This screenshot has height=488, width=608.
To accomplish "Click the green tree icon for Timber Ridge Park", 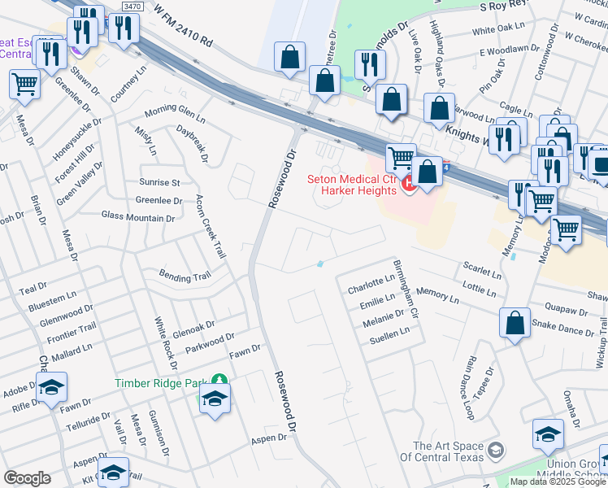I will (x=217, y=380).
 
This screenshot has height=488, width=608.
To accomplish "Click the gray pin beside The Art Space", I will (x=496, y=449).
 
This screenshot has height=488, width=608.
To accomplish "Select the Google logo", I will (x=27, y=478).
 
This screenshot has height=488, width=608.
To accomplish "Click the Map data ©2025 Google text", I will (x=558, y=481).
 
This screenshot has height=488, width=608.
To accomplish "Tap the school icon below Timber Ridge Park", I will (x=215, y=399).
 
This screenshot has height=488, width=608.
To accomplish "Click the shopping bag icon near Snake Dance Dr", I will (x=515, y=323).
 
